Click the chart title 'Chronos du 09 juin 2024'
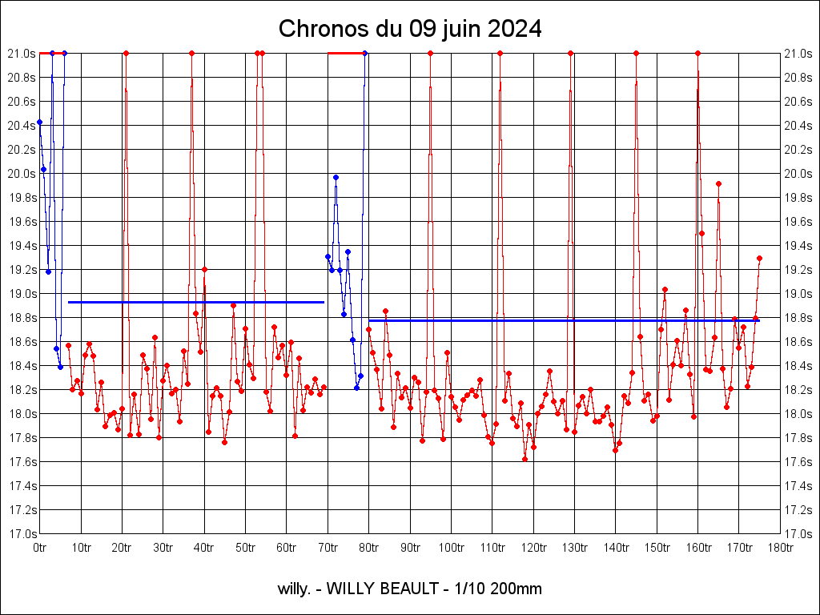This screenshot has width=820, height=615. (x=409, y=30)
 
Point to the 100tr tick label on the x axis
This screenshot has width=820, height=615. (x=451, y=548)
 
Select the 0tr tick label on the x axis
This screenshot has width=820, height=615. (x=39, y=548)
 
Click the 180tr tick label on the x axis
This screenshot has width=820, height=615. (x=780, y=548)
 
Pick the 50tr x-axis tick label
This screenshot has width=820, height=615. (x=245, y=548)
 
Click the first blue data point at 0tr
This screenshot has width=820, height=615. (x=39, y=122)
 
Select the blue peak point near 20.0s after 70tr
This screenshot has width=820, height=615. (x=336, y=177)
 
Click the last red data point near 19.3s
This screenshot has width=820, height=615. (x=759, y=258)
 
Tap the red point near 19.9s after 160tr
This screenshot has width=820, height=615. (x=718, y=183)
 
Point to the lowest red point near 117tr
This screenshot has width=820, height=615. (x=525, y=459)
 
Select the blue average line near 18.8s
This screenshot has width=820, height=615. (x=561, y=320)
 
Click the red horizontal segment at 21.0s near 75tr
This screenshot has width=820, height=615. (x=344, y=53)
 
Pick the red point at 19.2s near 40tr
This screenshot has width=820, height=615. (x=204, y=269)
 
